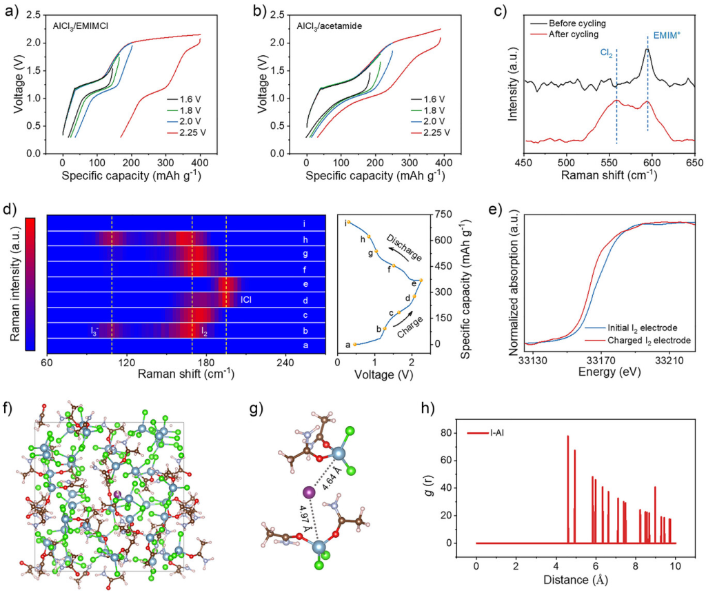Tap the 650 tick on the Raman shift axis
coord(694,163)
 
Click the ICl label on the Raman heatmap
coord(249,300)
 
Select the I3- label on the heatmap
coord(94,332)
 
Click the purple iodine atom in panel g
coord(309,492)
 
